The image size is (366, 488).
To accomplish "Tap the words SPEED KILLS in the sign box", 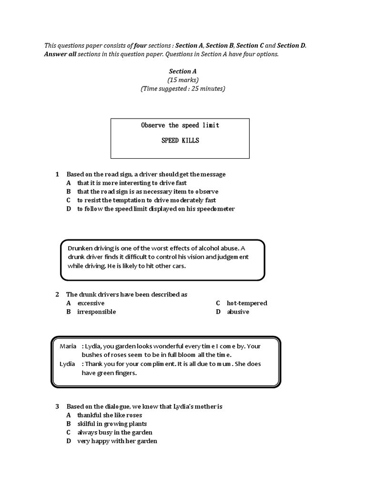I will (x=180, y=141).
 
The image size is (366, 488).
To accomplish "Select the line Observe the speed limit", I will (x=180, y=125).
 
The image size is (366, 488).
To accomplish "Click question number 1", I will (x=57, y=174).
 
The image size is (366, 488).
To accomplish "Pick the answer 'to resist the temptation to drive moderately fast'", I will (x=146, y=200).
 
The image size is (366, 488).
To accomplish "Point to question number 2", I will (x=57, y=295).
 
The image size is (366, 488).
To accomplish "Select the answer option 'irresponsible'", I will (x=96, y=312).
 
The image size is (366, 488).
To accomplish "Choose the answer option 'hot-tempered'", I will (x=247, y=303).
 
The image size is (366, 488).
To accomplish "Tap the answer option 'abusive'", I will (x=238, y=312).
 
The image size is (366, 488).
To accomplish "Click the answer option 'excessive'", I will (x=91, y=303).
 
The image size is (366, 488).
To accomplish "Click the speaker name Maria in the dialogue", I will (x=68, y=346).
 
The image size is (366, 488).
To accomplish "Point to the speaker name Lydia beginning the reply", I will (x=68, y=364).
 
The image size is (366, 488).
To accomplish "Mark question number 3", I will (x=57, y=407).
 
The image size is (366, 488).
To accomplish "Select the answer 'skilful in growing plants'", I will (x=112, y=424).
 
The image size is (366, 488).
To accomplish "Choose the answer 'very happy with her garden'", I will (x=117, y=441).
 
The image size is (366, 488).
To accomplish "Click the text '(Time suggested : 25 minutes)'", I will (x=183, y=88).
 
